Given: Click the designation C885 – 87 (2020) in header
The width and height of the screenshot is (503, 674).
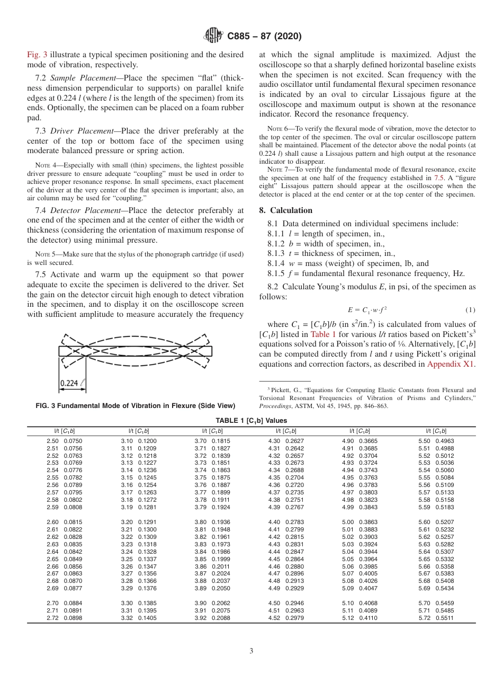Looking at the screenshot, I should click(264, 37).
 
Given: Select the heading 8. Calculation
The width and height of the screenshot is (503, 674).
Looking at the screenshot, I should click(285, 210).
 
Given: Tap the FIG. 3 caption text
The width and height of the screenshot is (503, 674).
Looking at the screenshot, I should click(135, 406).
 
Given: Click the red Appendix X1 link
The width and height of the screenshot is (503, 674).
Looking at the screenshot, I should click(451, 364).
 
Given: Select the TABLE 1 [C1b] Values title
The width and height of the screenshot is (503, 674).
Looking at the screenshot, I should click(251, 420).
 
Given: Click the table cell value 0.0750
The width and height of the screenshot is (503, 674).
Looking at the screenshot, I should click(73, 441).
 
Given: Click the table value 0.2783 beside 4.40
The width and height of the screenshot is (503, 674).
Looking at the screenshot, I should click(294, 522).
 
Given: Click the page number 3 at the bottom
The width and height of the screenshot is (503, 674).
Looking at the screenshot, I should click(251, 651).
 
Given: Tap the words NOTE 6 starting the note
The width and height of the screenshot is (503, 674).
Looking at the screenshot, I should click(277, 129).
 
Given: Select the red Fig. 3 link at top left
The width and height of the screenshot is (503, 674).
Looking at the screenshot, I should click(37, 55).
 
